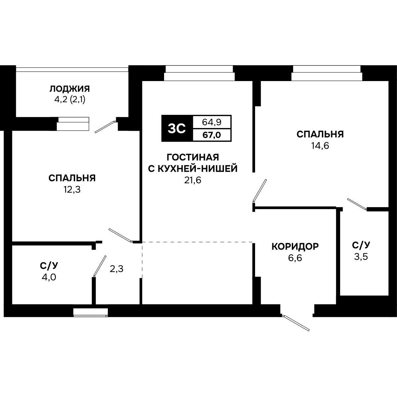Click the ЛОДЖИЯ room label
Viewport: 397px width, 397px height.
point(69,89)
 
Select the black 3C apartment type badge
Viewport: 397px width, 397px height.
point(177,128)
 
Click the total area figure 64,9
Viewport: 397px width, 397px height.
point(212,122)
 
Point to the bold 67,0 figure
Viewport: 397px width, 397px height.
point(212,135)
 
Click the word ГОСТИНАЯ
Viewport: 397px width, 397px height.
point(193,157)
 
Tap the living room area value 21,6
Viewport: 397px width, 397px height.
point(193,180)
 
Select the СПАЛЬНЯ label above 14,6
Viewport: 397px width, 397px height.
point(320,134)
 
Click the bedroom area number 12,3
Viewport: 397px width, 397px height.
point(72,190)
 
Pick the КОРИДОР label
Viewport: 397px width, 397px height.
point(295,246)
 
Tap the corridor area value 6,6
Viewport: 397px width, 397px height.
point(295,258)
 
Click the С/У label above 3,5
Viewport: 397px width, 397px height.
point(361,245)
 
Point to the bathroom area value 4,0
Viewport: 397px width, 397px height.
point(49,277)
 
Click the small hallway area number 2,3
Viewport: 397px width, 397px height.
point(116,269)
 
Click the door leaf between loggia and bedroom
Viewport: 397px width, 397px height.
point(105,127)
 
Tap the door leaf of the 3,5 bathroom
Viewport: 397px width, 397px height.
point(357,204)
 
